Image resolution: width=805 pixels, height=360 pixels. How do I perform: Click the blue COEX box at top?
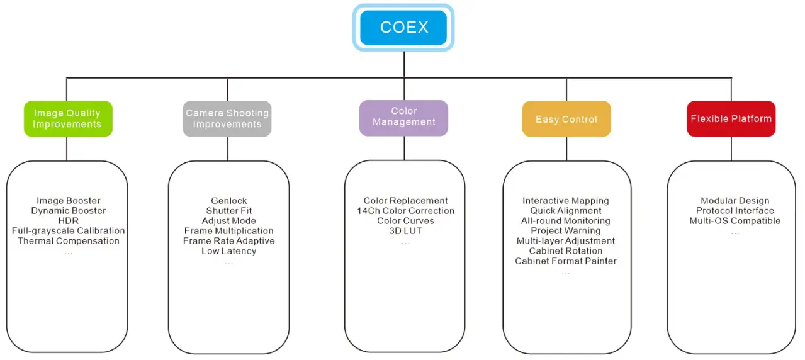403,28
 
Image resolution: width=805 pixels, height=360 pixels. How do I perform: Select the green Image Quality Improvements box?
68,119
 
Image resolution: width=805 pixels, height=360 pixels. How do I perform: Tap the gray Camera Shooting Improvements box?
227,119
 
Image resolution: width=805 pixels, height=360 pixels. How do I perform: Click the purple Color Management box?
403,118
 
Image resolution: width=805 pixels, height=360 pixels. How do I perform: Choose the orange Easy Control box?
566,119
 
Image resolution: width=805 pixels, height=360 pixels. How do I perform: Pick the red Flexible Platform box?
731,119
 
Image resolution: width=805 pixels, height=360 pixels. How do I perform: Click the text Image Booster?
68,201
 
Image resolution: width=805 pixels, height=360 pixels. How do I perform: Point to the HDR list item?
68,221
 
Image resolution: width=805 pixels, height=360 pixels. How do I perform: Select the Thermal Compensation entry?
68,241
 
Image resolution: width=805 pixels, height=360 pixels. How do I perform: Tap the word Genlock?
228,201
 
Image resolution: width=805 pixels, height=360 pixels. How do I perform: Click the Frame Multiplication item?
228,231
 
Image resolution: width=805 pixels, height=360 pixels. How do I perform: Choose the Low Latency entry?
228,251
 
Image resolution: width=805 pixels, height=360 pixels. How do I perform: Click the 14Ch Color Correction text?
405,211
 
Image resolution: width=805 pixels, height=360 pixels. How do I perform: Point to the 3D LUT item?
405,231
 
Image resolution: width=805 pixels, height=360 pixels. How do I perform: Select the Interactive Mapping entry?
565,201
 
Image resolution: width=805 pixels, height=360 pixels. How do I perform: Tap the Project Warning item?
565,231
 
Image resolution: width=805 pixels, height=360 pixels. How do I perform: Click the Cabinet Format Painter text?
565,261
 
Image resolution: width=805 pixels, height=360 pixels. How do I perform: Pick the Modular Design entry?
735,201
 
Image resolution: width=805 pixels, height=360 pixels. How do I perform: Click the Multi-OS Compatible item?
735,221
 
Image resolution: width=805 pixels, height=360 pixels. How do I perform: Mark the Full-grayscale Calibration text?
68,231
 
